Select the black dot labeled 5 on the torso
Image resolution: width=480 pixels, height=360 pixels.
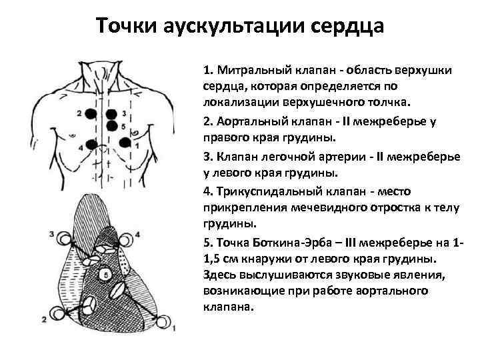(x=110, y=125)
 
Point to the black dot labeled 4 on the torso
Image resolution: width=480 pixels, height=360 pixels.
(x=92, y=145)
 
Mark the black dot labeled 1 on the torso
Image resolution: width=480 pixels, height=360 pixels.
(x=125, y=141)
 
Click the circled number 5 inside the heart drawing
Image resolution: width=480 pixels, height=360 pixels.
(x=104, y=275)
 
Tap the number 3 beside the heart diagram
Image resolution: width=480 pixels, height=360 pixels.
(x=52, y=234)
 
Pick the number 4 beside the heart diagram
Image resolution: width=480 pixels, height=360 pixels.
(x=137, y=234)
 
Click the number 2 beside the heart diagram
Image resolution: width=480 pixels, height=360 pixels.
(x=44, y=320)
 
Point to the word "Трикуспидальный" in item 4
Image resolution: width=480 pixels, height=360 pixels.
(x=258, y=191)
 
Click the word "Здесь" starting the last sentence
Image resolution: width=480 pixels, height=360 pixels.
(x=219, y=275)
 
